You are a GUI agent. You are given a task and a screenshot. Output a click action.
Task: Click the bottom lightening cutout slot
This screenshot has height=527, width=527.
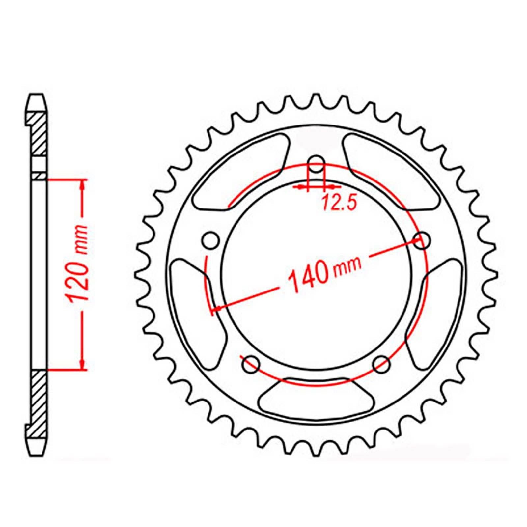pyautogui.click(x=316, y=399)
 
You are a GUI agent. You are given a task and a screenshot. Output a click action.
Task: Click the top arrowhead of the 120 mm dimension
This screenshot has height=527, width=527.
pyautogui.click(x=82, y=184)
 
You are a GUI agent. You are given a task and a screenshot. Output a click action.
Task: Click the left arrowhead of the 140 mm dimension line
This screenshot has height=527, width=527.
pyautogui.click(x=218, y=308)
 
